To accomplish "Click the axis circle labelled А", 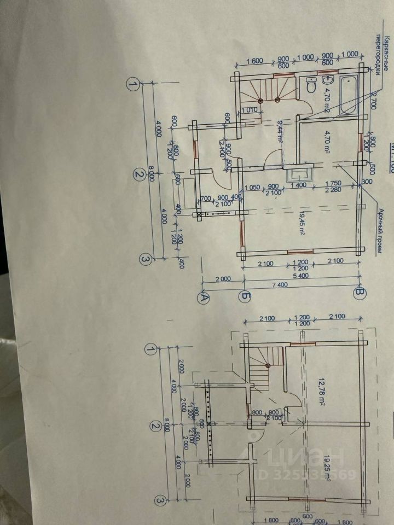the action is click(204, 297).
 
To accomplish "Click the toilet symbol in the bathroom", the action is click(311, 86).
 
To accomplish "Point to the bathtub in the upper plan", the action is click(348, 94).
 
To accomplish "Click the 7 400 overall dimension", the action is click(281, 285).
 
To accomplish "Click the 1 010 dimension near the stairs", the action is click(249, 110).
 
